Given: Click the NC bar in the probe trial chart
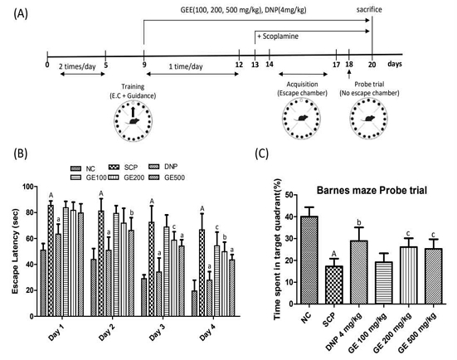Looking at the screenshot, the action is pyautogui.click(x=309, y=260).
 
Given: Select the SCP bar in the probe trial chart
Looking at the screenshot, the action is pyautogui.click(x=334, y=285).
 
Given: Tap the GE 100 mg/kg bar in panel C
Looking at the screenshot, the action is pyautogui.click(x=384, y=283).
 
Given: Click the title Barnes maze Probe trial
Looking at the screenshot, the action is pyautogui.click(x=372, y=190).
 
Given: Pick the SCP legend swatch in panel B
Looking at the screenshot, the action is pyautogui.click(x=114, y=168).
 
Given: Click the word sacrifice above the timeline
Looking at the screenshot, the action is pyautogui.click(x=369, y=10).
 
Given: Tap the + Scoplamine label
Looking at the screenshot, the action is pyautogui.click(x=278, y=36).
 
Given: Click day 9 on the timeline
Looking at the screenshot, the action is pyautogui.click(x=144, y=65).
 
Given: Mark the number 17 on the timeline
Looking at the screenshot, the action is pyautogui.click(x=337, y=65).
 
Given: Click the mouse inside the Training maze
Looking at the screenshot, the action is pyautogui.click(x=133, y=120).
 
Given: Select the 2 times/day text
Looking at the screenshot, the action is pyautogui.click(x=77, y=66).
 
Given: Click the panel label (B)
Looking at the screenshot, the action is pyautogui.click(x=21, y=153).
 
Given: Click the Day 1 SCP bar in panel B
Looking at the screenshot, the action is pyautogui.click(x=51, y=260).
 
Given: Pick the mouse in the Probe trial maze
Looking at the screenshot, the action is pyautogui.click(x=367, y=119).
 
